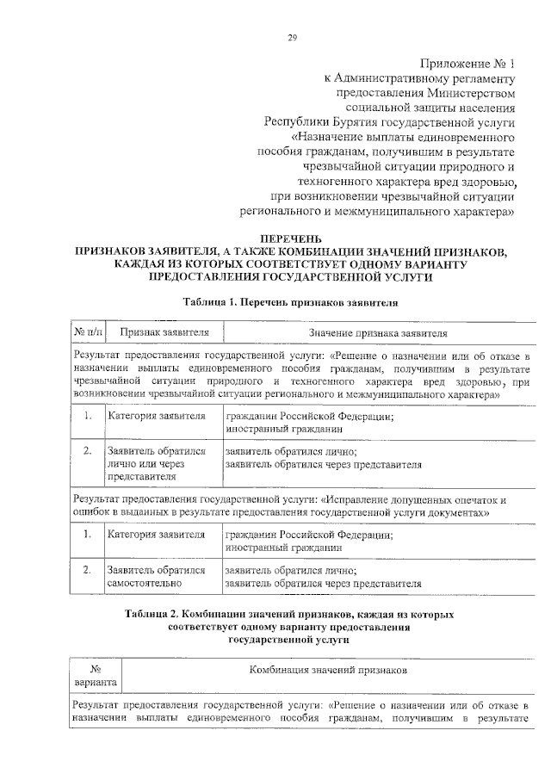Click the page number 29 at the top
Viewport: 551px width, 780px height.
click(x=292, y=37)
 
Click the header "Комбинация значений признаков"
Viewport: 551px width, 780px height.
click(x=329, y=669)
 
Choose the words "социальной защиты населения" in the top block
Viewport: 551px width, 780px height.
click(x=429, y=108)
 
